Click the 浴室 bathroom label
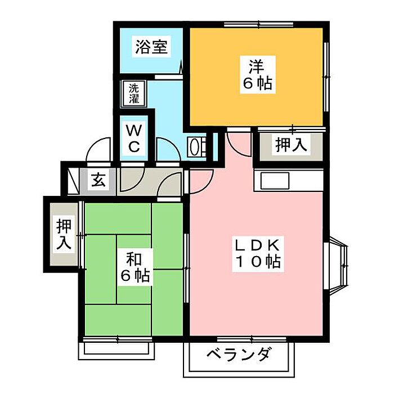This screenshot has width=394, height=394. (151, 47)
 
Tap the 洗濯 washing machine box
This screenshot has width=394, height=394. (134, 94)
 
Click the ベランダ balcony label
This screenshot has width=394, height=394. (239, 356)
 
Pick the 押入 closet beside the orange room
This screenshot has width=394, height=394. (290, 145)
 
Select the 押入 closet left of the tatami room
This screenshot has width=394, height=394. (64, 234)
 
